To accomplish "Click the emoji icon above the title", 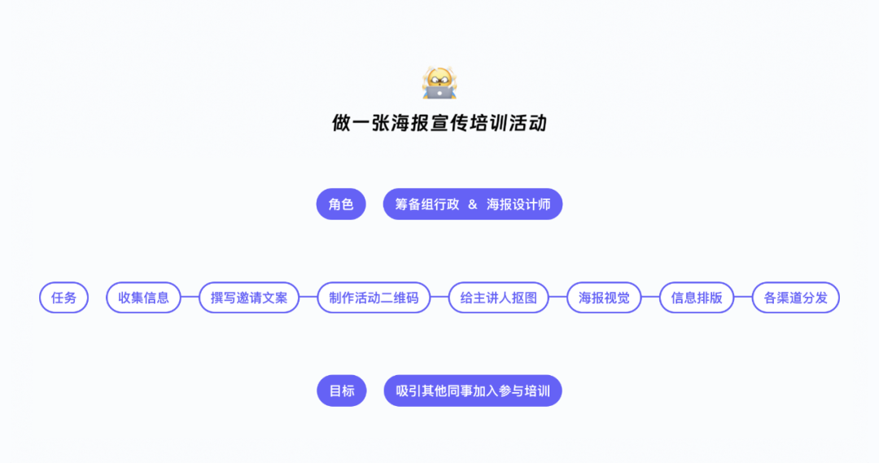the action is click(439, 83).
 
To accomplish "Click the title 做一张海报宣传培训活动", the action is click(439, 123).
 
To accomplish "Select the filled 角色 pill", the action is click(341, 204).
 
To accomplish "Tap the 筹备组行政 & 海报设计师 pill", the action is click(473, 204).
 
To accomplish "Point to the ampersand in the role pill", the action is click(473, 204).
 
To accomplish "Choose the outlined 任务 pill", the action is click(64, 298).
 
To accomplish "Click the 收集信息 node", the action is click(143, 298).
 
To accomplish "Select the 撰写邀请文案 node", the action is click(249, 298).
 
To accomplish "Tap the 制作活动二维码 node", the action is click(374, 298).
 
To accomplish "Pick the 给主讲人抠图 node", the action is click(498, 298).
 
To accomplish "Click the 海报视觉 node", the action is click(604, 298).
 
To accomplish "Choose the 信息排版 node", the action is click(696, 298).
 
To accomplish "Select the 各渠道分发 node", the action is click(795, 298).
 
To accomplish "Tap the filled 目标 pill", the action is click(341, 391).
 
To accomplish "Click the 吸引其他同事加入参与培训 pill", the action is click(473, 391).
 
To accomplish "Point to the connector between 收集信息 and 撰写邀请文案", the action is click(190, 298).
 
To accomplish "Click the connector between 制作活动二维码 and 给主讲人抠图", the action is click(439, 298).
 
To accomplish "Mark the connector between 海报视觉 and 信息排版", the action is click(650, 298).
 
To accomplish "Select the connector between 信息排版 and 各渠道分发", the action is click(743, 298).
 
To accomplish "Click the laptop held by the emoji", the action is click(439, 93).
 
